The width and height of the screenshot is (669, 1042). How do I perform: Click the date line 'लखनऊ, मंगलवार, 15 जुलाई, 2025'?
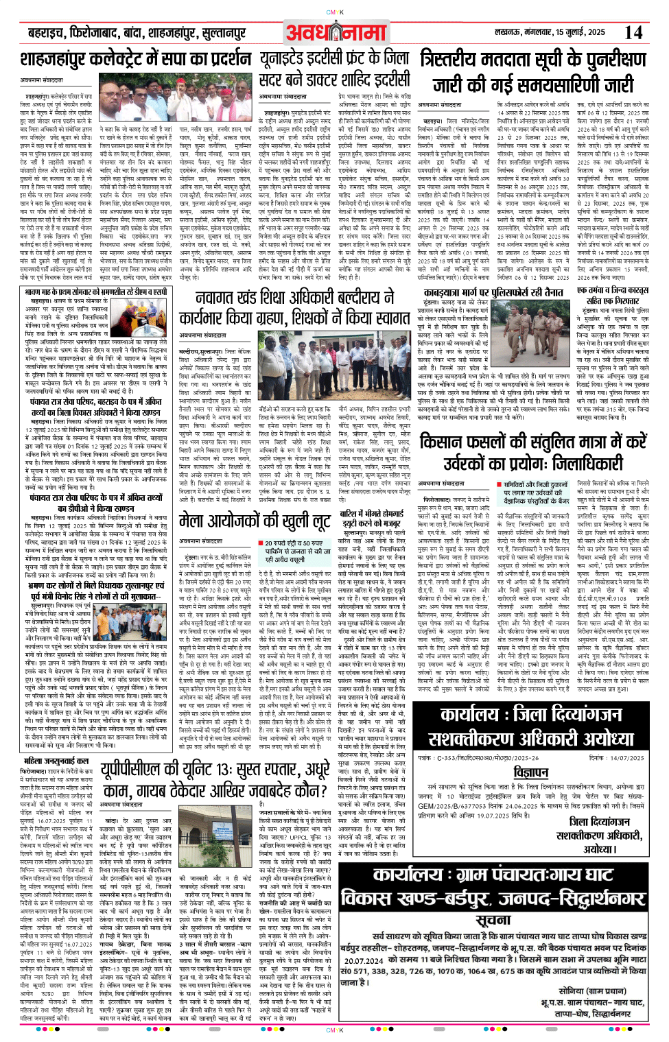tap(550, 32)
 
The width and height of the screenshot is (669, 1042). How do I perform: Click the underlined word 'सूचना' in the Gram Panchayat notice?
tap(493, 920)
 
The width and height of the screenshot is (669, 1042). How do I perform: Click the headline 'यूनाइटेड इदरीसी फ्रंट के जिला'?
tap(334, 59)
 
